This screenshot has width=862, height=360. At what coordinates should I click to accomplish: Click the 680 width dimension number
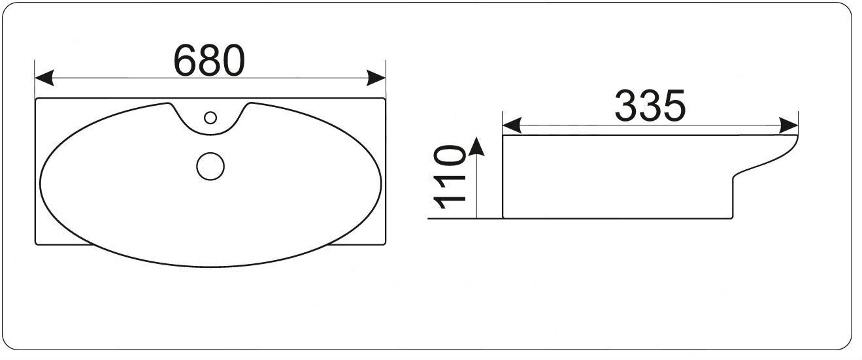coord(209,60)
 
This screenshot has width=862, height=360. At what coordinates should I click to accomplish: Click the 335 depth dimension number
coord(650,106)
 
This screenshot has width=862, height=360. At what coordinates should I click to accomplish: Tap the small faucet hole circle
coord(210,118)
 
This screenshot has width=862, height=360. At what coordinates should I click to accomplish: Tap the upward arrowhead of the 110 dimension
coord(477,145)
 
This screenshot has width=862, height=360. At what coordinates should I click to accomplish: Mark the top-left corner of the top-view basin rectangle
coord(35,99)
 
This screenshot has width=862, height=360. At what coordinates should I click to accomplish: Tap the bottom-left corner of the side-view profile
coord(503,218)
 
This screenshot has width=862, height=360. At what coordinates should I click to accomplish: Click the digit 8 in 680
coord(209,60)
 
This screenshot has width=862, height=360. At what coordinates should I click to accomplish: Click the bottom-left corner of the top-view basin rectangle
coord(35,244)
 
